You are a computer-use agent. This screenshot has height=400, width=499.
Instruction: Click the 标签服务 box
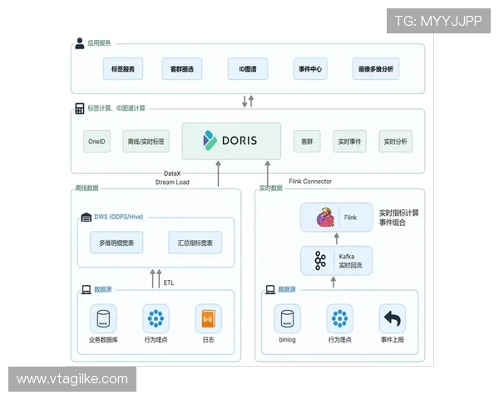(122, 67)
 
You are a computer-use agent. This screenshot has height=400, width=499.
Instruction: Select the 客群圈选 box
(181, 67)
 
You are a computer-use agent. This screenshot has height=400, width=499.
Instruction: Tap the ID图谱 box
(246, 67)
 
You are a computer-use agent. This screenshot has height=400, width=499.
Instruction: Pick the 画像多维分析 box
(375, 67)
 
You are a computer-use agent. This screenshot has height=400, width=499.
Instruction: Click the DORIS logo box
(230, 141)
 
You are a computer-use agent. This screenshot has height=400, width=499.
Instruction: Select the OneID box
(97, 142)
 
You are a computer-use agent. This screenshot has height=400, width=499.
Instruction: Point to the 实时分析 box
(396, 142)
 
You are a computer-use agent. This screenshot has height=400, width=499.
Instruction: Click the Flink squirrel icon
(325, 218)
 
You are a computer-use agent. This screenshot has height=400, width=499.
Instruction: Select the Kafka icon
(320, 261)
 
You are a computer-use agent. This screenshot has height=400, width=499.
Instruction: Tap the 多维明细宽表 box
(117, 242)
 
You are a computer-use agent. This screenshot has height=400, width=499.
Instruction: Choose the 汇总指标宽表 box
(195, 242)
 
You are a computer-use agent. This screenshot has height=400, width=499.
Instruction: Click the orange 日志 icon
(208, 318)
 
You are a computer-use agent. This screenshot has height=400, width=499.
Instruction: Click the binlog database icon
(287, 318)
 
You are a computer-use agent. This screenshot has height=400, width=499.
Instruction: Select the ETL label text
(169, 282)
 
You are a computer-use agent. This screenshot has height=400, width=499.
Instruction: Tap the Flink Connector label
(309, 181)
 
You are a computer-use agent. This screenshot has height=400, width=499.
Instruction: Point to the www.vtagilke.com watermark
(72, 379)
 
